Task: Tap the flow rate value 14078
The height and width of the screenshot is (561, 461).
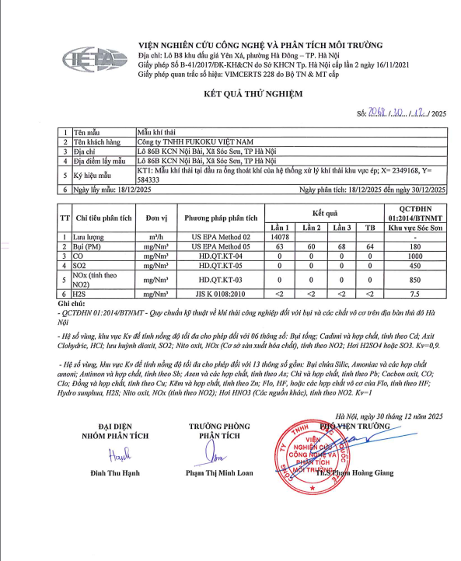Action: pyautogui.click(x=281, y=236)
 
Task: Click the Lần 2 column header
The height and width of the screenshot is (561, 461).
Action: pyautogui.click(x=311, y=227)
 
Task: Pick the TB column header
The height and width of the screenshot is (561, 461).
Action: pyautogui.click(x=369, y=227)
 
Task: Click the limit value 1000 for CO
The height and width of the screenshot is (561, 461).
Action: pyautogui.click(x=415, y=255)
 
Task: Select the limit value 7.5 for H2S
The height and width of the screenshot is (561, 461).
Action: pyautogui.click(x=415, y=294)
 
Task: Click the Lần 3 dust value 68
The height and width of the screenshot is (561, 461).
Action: pyautogui.click(x=340, y=246)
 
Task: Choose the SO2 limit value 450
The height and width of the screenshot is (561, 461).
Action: pyautogui.click(x=415, y=264)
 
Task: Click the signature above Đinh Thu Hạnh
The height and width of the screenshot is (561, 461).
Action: pyautogui.click(x=117, y=455)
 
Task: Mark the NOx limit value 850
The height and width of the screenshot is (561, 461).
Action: pyautogui.click(x=415, y=279)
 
